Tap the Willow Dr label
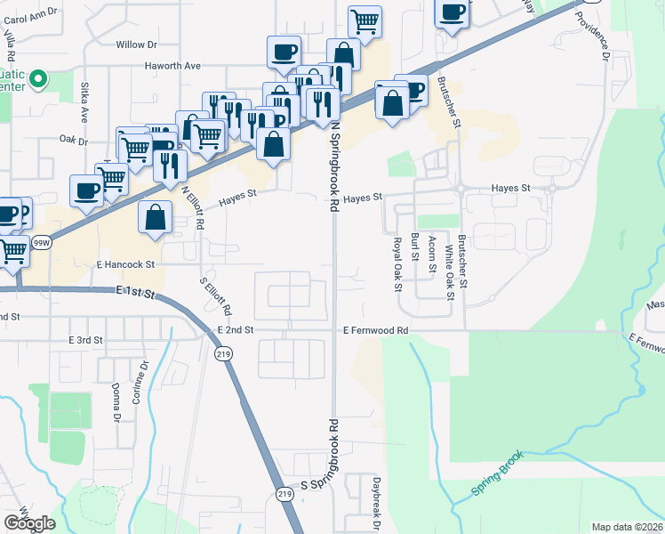point(136,44)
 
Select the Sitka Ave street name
point(85,103)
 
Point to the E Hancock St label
point(125,264)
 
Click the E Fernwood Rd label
point(375,330)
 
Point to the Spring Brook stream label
point(498,473)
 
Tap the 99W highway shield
point(41,241)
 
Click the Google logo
point(29,523)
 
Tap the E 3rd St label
point(86,341)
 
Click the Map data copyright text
point(628,527)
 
